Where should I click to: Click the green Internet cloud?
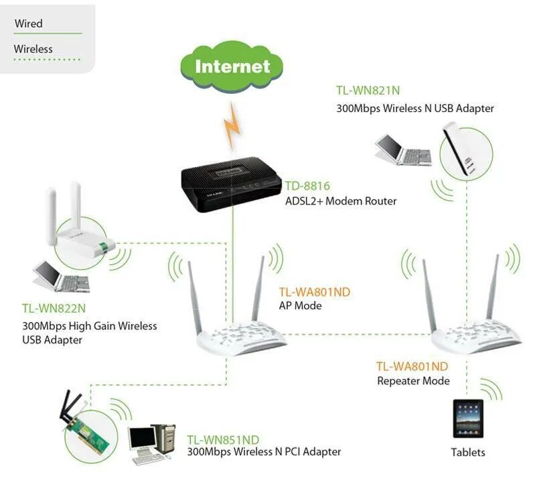(x=232, y=66)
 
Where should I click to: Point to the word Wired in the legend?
(x=28, y=23)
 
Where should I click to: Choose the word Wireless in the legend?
(x=33, y=49)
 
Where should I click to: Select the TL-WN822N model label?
(x=54, y=309)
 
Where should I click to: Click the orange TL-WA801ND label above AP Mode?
(x=314, y=292)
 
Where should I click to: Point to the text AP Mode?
(x=300, y=306)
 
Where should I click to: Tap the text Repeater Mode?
(x=413, y=381)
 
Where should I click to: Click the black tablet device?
(x=467, y=420)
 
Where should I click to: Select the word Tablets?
(x=468, y=452)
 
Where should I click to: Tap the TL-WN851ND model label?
(x=223, y=440)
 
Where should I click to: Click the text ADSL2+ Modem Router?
(x=341, y=201)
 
